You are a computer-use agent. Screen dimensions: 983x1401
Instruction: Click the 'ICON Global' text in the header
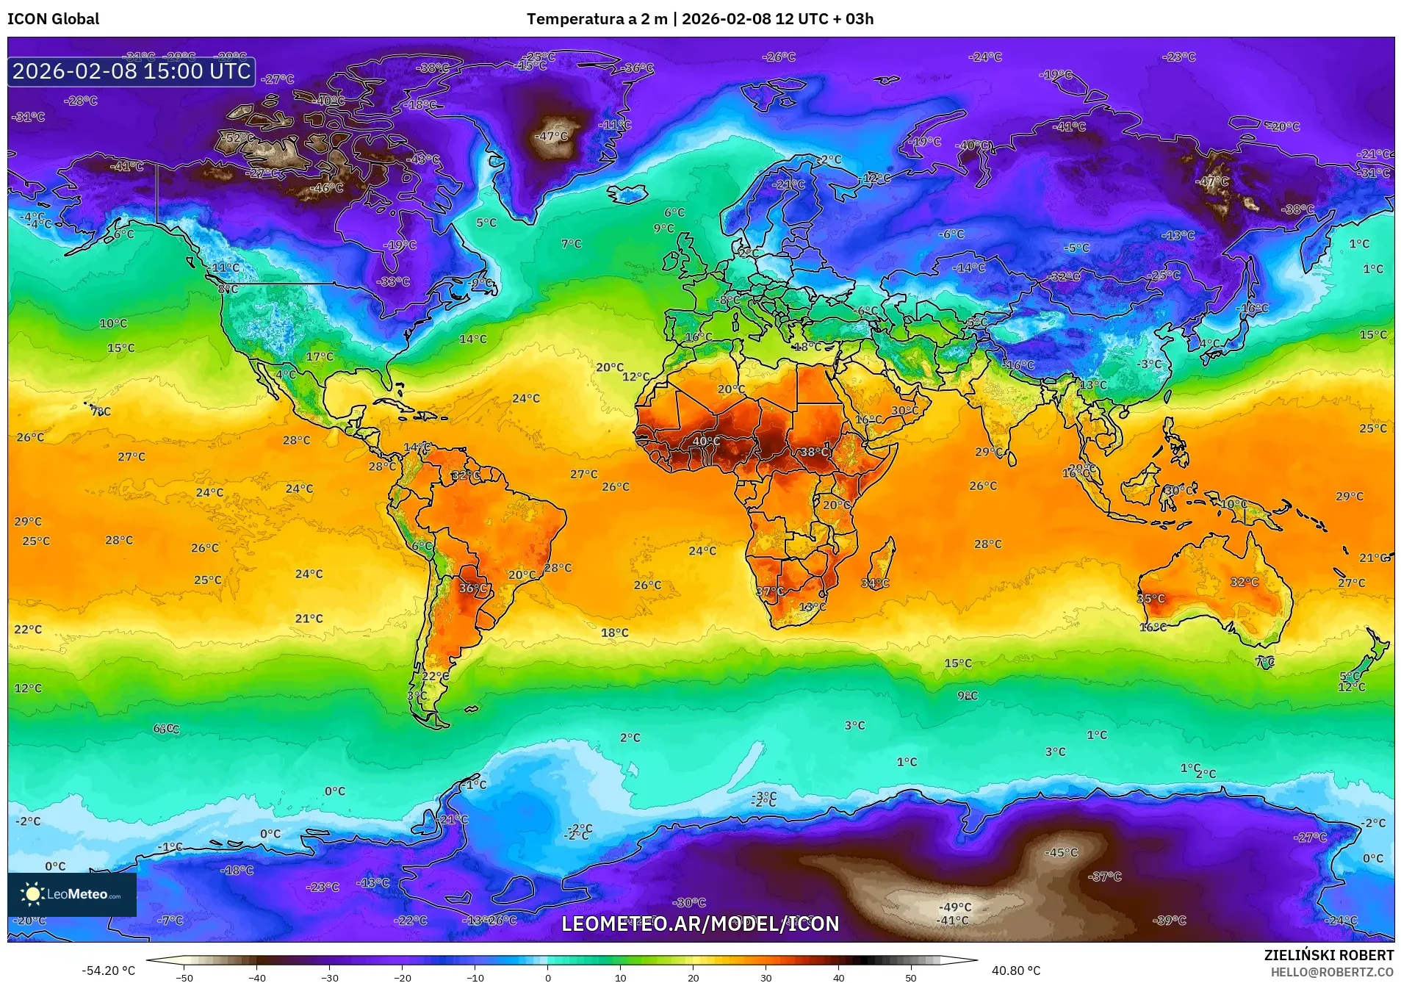pyautogui.click(x=53, y=19)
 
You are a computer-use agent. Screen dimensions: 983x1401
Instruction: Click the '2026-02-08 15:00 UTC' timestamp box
pyautogui.click(x=132, y=71)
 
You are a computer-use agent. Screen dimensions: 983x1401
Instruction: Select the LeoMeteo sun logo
pyautogui.click(x=32, y=893)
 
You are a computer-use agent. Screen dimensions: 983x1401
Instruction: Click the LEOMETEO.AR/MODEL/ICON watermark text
pyautogui.click(x=700, y=923)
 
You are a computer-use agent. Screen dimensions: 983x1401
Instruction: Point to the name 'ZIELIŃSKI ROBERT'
pyautogui.click(x=1328, y=955)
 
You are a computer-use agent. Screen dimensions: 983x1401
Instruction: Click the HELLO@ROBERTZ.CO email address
pyautogui.click(x=1332, y=972)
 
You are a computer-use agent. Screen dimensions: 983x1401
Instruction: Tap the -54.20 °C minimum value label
pyautogui.click(x=109, y=971)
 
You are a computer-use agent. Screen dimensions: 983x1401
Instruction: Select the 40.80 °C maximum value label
pyautogui.click(x=1015, y=971)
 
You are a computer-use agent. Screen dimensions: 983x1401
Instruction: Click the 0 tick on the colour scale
pyautogui.click(x=547, y=977)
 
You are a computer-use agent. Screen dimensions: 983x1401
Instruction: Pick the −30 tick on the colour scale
pyautogui.click(x=329, y=977)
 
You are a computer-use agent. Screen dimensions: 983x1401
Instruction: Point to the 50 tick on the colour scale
pyautogui.click(x=911, y=977)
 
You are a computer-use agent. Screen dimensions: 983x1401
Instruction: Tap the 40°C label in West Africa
pyautogui.click(x=706, y=442)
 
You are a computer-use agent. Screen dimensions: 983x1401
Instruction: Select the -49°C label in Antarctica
pyautogui.click(x=955, y=907)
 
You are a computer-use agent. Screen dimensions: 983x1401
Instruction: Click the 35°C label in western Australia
pyautogui.click(x=1150, y=599)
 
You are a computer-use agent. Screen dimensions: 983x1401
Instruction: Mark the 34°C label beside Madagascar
pyautogui.click(x=874, y=583)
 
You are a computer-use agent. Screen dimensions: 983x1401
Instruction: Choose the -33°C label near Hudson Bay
pyautogui.click(x=393, y=282)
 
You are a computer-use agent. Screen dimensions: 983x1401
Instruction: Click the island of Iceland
pyautogui.click(x=627, y=192)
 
